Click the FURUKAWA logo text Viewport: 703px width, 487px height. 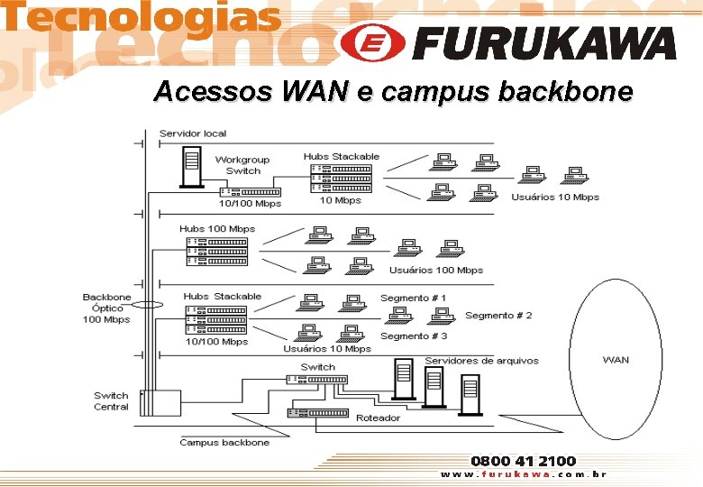tap(546, 42)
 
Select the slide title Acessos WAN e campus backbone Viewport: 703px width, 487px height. tap(393, 91)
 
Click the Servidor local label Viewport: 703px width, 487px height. tap(193, 133)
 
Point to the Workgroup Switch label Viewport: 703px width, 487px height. tap(242, 165)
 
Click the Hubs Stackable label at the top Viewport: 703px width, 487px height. tap(342, 157)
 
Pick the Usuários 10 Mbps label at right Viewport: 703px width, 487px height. tap(555, 197)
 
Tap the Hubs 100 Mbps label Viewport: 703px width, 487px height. tap(217, 229)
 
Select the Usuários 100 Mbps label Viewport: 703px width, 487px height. tap(436, 270)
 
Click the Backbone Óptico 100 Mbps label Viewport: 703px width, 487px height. tap(106, 308)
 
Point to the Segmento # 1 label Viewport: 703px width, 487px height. tap(413, 298)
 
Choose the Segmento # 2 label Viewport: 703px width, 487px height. tap(498, 316)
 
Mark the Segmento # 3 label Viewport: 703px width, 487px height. tap(414, 335)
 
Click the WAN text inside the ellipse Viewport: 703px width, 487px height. tap(616, 360)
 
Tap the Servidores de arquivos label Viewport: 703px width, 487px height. tap(481, 361)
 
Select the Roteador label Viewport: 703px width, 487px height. tap(379, 418)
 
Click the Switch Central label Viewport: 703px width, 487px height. tap(111, 401)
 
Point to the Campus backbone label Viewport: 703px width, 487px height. tap(224, 443)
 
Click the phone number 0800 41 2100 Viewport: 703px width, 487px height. tap(524, 461)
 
